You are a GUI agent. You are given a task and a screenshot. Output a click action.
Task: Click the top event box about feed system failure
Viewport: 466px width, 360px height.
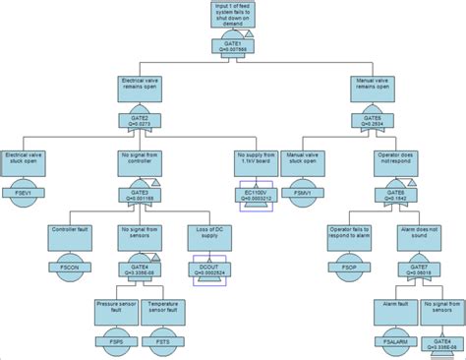pos(233,15)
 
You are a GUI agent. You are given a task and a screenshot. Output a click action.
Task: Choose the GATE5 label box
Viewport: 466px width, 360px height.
pos(374,120)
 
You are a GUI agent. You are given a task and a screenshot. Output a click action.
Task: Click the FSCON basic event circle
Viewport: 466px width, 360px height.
pos(70,267)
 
